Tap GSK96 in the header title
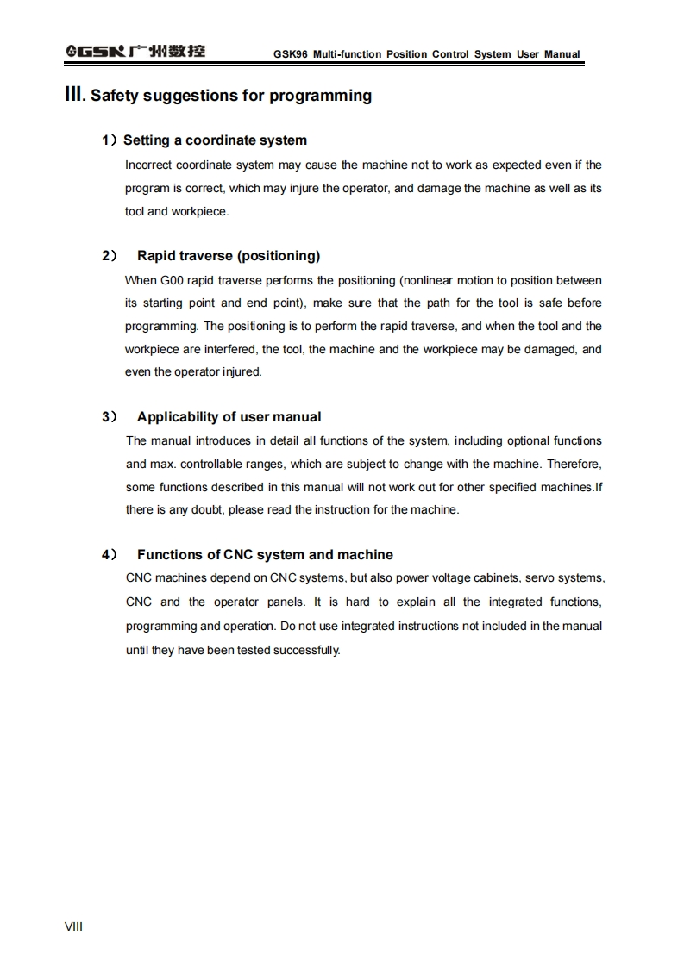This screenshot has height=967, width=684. [291, 54]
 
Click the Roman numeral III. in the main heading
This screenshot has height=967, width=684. [76, 95]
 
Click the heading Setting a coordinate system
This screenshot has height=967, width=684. [215, 140]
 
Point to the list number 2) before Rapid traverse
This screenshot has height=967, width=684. [110, 256]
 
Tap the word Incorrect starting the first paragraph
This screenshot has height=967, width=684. [148, 165]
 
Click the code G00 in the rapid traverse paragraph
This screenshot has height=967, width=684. [171, 280]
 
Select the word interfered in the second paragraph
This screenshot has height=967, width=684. [229, 349]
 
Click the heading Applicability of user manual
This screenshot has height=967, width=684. [229, 417]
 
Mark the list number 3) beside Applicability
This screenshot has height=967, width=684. [110, 417]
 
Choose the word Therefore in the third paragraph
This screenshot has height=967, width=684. [574, 464]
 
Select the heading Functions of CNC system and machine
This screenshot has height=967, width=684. [265, 555]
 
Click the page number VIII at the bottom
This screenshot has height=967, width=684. [73, 926]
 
